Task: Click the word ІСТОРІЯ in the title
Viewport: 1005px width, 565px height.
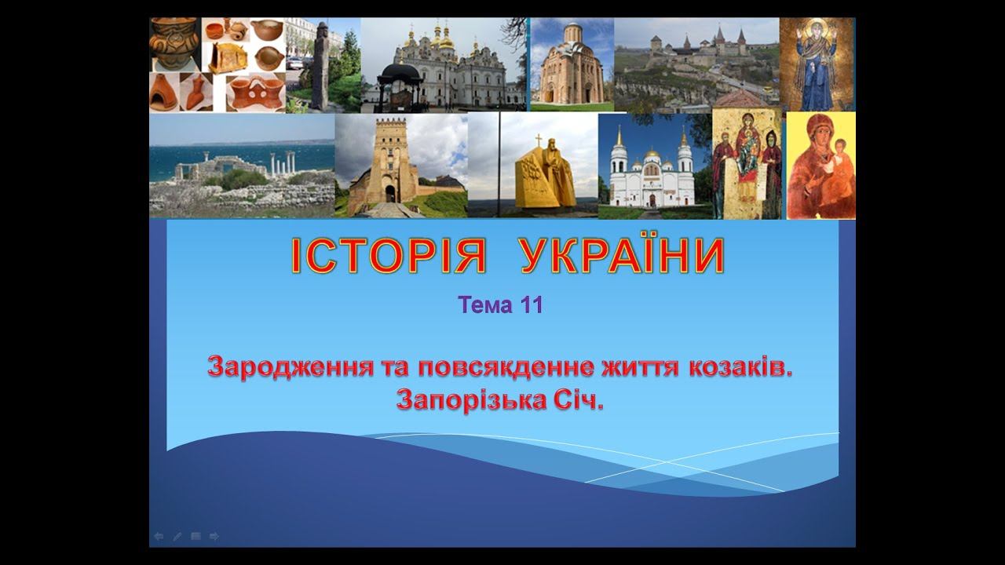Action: tap(389, 255)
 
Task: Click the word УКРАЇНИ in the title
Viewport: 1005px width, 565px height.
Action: tap(623, 255)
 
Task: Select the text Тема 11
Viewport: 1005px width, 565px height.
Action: tap(501, 305)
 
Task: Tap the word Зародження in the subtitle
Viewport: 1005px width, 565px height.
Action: tap(290, 368)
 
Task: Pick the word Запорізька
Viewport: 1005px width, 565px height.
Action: tap(471, 400)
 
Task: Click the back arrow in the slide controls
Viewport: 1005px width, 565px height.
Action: tap(159, 536)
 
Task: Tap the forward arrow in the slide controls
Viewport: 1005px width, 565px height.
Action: tap(214, 536)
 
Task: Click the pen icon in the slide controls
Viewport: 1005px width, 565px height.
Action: tap(177, 536)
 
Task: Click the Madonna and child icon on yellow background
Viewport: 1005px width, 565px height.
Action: tap(821, 166)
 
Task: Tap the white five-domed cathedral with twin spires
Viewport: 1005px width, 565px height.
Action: tap(652, 173)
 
